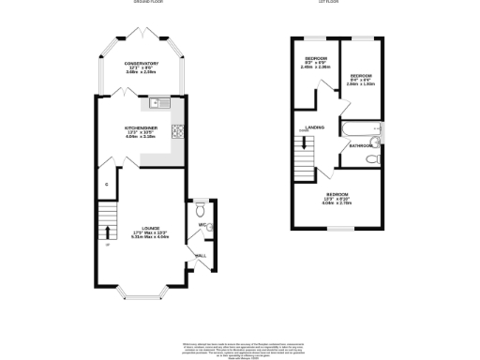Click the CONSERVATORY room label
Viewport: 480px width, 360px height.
click(142, 64)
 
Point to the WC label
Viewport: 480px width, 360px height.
click(201, 225)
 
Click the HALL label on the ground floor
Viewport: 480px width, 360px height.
click(200, 254)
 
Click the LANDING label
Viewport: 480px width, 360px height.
click(315, 127)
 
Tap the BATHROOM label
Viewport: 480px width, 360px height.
click(362, 146)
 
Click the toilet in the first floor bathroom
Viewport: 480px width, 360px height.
click(372, 159)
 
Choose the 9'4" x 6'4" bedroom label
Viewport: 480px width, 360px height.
click(361, 78)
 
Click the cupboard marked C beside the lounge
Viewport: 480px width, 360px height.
click(107, 185)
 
